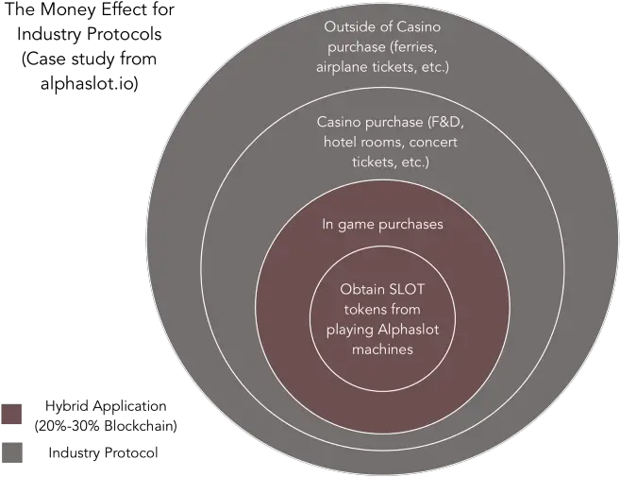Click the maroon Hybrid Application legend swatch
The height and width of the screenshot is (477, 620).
[11, 414]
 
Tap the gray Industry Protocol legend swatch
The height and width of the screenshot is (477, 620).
[12, 452]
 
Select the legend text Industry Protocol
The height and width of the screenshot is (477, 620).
[103, 452]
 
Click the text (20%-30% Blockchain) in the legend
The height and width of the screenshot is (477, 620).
[106, 426]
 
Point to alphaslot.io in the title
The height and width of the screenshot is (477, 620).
[90, 83]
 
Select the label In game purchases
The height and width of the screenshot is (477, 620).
[382, 225]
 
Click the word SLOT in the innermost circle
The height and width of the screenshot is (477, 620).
[407, 289]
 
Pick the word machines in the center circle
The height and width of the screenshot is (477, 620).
[382, 349]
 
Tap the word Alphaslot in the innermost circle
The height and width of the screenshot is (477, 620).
[409, 330]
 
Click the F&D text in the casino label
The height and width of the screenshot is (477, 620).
[445, 122]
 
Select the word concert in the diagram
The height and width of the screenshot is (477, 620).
[433, 142]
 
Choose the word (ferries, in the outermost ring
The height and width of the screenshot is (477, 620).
[413, 47]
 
